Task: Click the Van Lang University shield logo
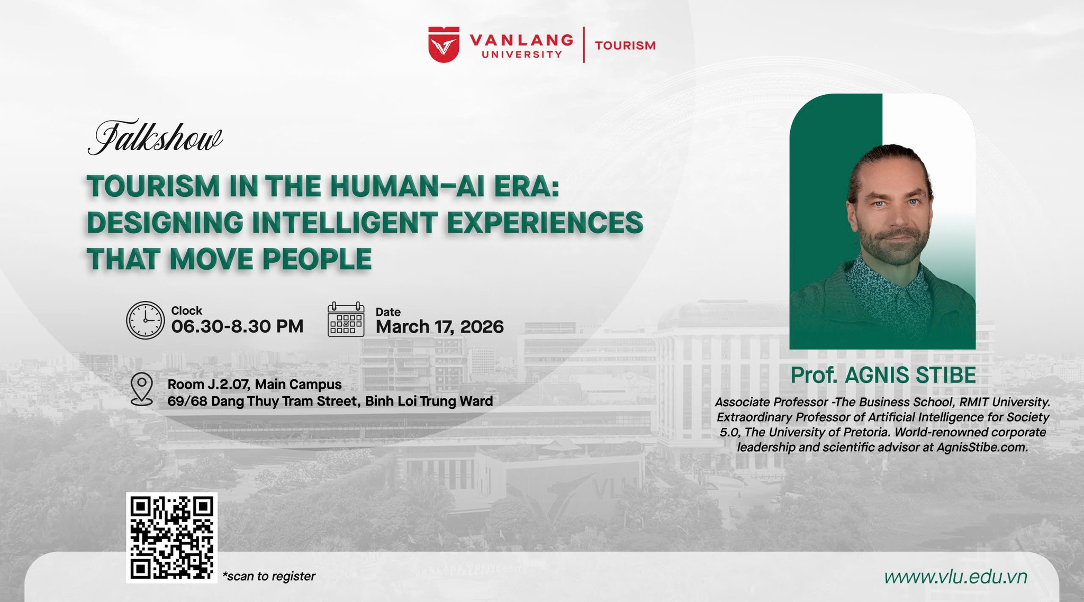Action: [444, 45]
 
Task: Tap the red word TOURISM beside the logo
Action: [625, 45]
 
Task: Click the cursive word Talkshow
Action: [155, 138]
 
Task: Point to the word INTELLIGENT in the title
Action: [345, 222]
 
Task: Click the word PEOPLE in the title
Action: [317, 259]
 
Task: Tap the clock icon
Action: [146, 320]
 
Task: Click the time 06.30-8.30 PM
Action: [237, 326]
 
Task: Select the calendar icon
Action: [346, 320]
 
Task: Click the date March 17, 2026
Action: [439, 327]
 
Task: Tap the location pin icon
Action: [142, 389]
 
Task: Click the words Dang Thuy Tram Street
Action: [286, 402]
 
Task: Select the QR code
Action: [171, 537]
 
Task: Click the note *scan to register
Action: [269, 576]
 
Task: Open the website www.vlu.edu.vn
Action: [955, 577]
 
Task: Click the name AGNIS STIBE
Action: [910, 375]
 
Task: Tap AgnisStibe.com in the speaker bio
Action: [982, 448]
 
